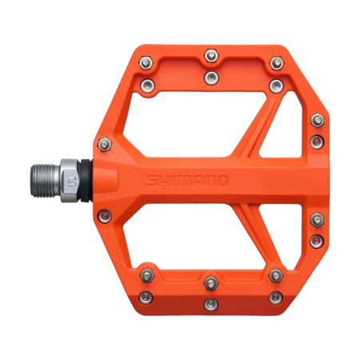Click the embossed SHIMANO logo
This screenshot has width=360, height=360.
[x=187, y=181]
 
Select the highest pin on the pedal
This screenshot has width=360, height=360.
[x=211, y=55]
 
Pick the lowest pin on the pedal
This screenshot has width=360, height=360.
[x=211, y=303]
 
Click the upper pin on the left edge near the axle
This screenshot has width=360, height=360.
[x=104, y=145]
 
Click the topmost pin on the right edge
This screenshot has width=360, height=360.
[x=318, y=120]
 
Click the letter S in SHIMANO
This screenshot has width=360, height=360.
[x=151, y=181]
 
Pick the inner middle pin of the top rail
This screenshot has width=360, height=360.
[x=211, y=77]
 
